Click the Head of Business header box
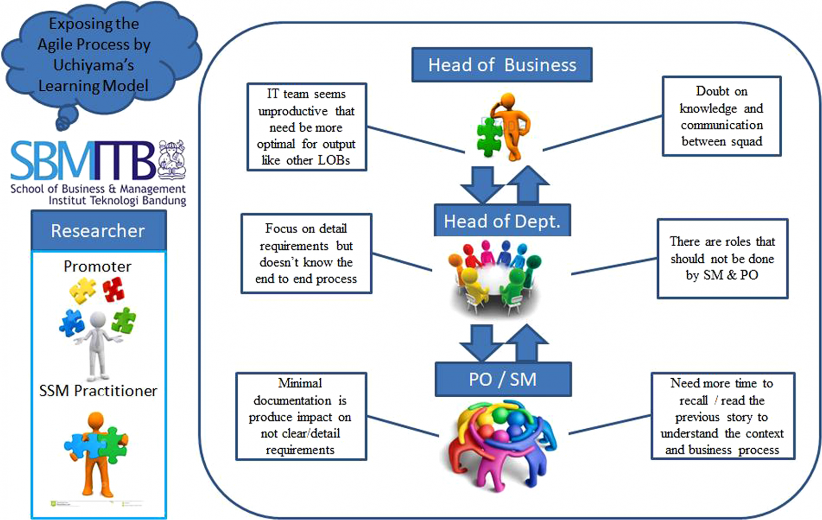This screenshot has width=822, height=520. [x=502, y=65]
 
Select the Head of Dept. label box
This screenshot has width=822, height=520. [x=502, y=221]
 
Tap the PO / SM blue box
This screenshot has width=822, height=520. [x=503, y=379]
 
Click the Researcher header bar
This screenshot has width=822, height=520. [x=99, y=231]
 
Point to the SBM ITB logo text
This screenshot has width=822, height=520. [x=84, y=161]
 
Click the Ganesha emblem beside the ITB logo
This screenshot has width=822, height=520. [x=172, y=158]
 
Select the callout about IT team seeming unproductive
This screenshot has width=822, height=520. [x=307, y=127]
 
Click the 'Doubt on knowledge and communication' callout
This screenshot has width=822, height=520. [x=721, y=116]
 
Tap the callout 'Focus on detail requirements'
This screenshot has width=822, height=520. [x=306, y=253]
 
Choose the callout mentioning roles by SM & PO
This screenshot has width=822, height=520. [x=722, y=258]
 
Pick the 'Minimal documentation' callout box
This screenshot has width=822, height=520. [x=300, y=416]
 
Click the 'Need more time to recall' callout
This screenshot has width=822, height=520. [x=722, y=416]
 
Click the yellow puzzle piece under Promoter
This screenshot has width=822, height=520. [x=83, y=290]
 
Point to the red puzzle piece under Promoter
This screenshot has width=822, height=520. [x=113, y=289]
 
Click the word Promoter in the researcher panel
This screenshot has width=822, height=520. [x=98, y=267]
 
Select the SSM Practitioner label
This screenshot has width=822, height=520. [x=99, y=391]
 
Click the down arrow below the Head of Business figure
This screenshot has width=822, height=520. [x=481, y=184]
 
